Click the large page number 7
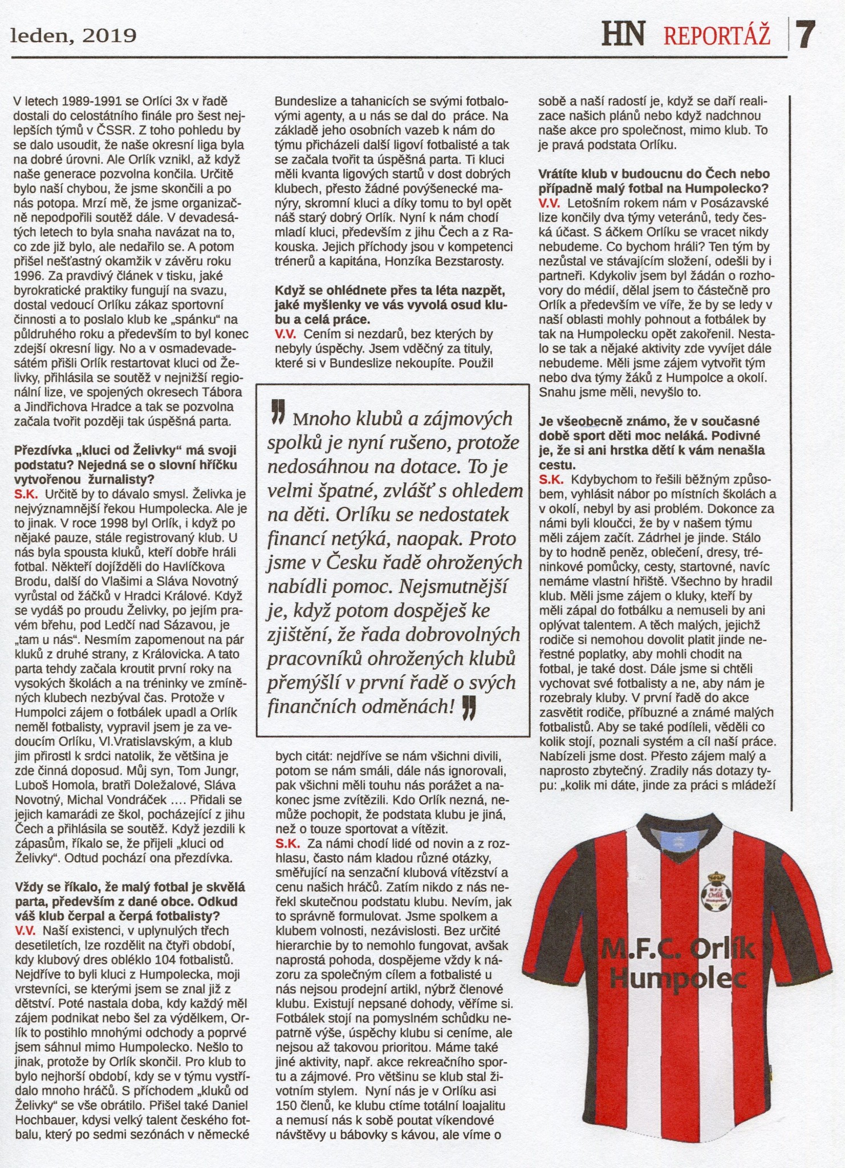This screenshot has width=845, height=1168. pos(806,35)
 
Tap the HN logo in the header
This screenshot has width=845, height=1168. pos(624,34)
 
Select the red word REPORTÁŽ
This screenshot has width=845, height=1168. pos(717,35)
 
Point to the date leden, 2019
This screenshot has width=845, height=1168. pos(74,36)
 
